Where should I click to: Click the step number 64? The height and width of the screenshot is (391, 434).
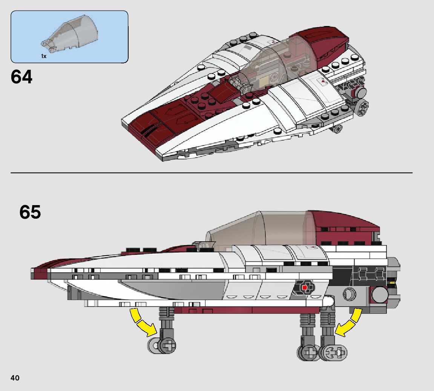coord(21,77)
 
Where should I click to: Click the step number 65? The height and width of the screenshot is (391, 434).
coord(30,213)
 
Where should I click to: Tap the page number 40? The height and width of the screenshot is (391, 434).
coord(15,378)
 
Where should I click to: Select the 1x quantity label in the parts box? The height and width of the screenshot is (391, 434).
coord(44,56)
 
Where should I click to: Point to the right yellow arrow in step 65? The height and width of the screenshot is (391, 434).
coord(348,322)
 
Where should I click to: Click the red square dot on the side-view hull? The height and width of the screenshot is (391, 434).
coord(304,288)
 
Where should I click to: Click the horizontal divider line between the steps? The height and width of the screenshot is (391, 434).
coord(211,173)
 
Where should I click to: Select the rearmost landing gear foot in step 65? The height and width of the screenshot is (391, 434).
coord(334,353)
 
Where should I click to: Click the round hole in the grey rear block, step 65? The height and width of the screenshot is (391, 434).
coord(349,293)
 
